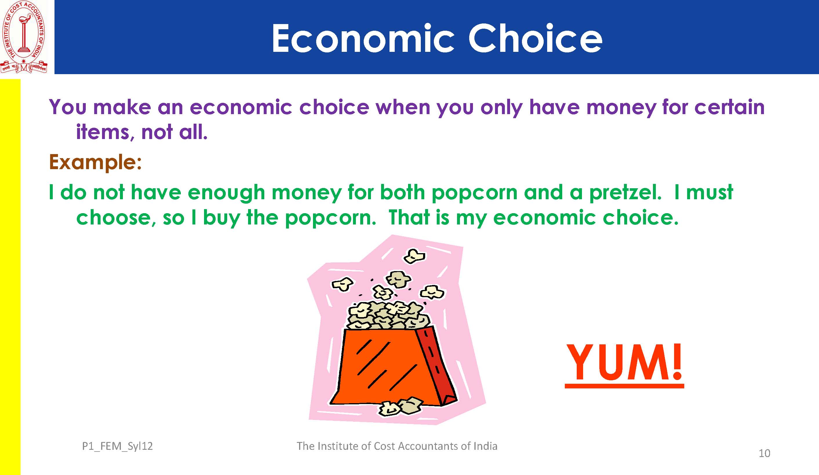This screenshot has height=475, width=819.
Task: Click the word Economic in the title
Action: click(x=363, y=38)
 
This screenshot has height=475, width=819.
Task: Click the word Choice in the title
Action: click(x=535, y=38)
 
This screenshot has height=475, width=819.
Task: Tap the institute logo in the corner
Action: click(x=24, y=37)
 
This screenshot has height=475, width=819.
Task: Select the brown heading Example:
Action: click(x=95, y=162)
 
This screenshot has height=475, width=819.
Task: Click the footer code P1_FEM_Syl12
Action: click(x=117, y=446)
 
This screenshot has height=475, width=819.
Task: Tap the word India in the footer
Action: click(x=485, y=446)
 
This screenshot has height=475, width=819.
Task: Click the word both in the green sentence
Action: click(x=402, y=192)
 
